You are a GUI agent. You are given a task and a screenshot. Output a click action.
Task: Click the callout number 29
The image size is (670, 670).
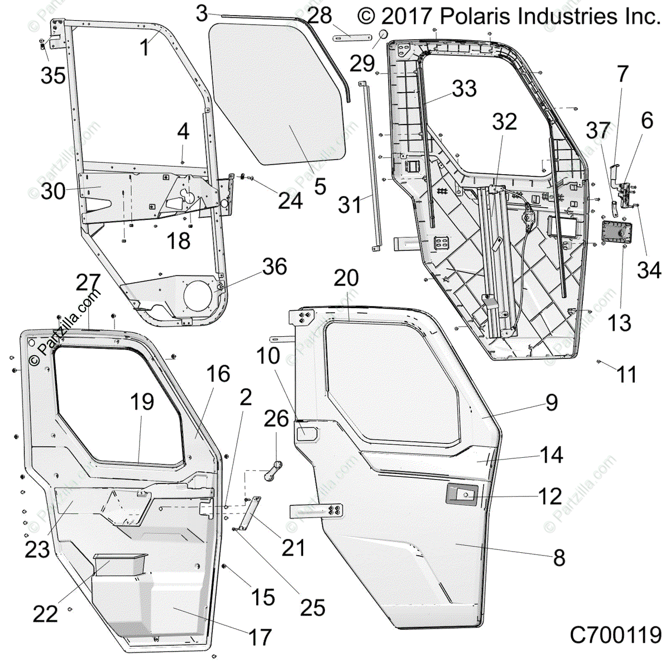point(362,64)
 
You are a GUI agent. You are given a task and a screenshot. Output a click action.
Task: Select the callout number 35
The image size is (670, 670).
point(53,75)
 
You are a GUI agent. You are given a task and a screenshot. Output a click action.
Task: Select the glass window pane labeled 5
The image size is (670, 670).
point(278,94)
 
